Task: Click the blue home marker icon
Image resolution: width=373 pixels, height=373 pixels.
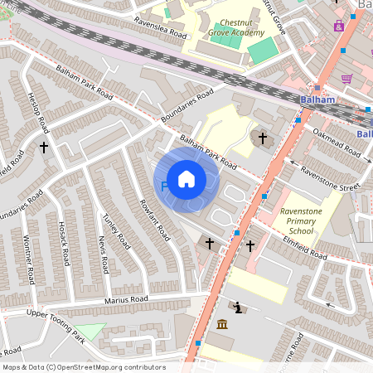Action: tap(186, 178)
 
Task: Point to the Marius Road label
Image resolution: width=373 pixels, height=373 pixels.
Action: tap(126, 298)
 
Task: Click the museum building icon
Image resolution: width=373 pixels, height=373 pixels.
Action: tap(221, 323)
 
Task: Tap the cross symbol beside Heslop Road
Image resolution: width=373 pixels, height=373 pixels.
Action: tap(44, 147)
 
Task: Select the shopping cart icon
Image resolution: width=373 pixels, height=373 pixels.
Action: tap(346, 79)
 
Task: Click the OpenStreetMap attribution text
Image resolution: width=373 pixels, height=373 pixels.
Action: tap(83, 367)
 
